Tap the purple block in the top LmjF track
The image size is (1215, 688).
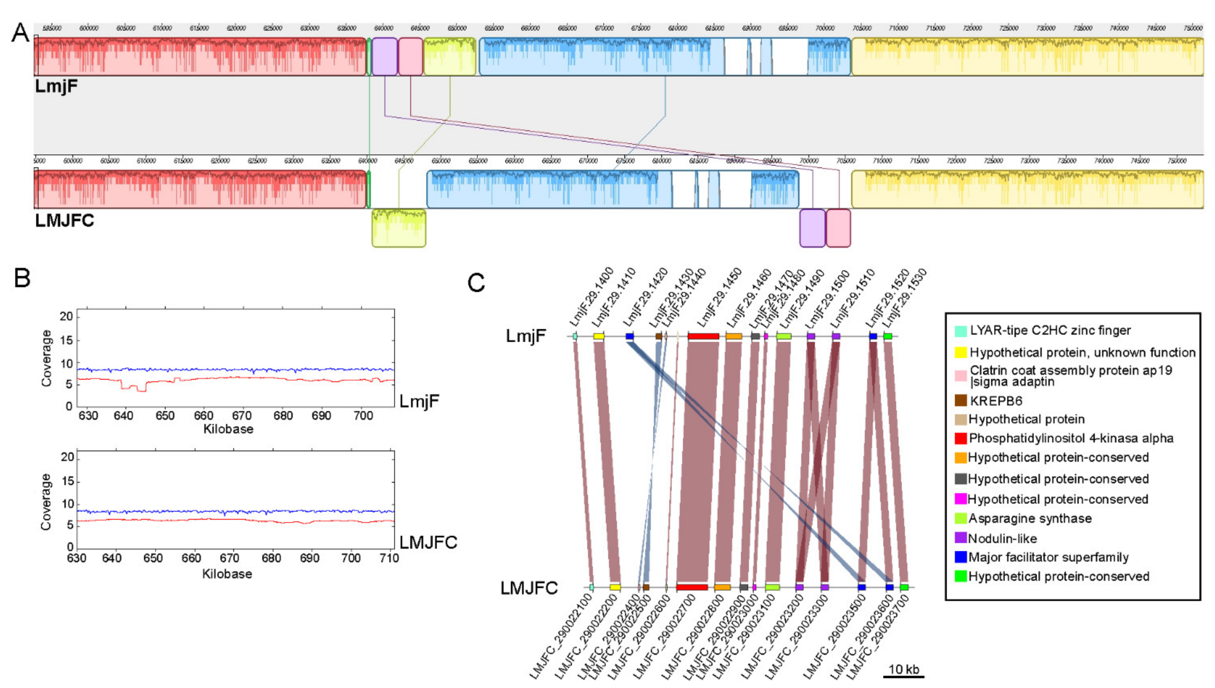(384, 57)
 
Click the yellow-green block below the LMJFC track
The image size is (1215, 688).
(399, 228)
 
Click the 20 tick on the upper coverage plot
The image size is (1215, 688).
(66, 316)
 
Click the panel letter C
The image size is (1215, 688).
(476, 283)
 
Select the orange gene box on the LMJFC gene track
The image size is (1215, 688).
(722, 587)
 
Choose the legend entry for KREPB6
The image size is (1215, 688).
(996, 401)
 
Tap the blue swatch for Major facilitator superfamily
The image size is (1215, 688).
(960, 557)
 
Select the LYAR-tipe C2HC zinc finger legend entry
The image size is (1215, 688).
(1050, 331)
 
